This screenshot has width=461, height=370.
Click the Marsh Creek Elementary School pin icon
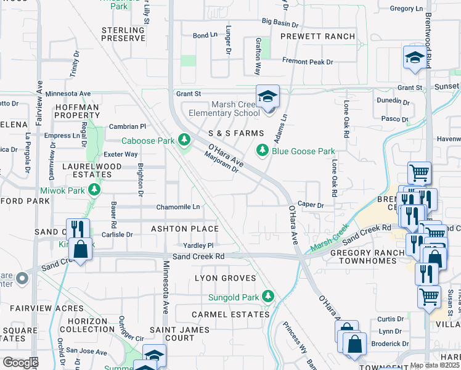click(x=267, y=97)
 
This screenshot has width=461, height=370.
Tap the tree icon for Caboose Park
click(x=183, y=141)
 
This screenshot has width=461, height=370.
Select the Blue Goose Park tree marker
click(x=263, y=150)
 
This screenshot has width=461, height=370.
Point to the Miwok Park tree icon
click(x=94, y=189)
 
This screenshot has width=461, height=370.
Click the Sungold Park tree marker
click(x=267, y=297)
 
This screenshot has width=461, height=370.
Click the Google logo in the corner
click(x=20, y=363)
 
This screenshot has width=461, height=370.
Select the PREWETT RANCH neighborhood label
click(x=317, y=36)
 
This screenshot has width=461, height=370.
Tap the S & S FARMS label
click(x=236, y=133)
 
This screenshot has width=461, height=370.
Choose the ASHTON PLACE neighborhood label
click(x=185, y=229)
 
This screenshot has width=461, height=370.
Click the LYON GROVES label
click(x=225, y=278)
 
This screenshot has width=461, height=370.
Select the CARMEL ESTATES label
click(x=230, y=314)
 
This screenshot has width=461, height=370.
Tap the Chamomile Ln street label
click(x=178, y=207)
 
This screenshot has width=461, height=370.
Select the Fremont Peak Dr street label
click(x=308, y=62)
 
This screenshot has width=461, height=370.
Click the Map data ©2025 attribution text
click(x=434, y=365)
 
